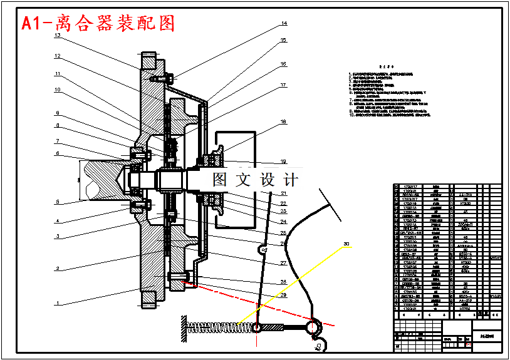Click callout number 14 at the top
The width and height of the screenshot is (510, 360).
tap(284, 24)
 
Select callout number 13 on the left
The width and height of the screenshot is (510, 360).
tap(57, 36)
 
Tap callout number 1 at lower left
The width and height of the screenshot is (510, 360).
tap(57, 303)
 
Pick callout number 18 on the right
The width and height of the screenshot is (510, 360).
tap(283, 122)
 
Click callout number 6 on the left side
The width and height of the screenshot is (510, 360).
tap(57, 153)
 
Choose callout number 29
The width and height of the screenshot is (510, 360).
tap(283, 295)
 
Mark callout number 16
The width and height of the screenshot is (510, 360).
tap(283, 64)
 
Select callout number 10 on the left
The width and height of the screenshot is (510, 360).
tap(57, 90)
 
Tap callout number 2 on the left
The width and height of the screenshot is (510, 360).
tap(57, 269)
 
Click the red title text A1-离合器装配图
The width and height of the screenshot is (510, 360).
tap(98, 24)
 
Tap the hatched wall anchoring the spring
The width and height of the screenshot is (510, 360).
tap(184, 329)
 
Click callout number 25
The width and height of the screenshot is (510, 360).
tap(283, 232)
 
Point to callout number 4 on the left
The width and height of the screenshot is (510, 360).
tap(57, 220)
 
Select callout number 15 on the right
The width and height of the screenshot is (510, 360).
tap(283, 40)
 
